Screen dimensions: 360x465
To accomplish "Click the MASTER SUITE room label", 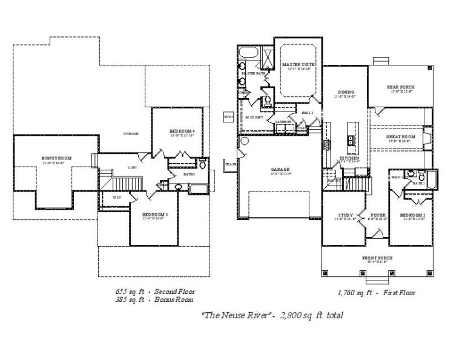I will pos(297,64).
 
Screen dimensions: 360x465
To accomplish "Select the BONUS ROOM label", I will pos(56,158).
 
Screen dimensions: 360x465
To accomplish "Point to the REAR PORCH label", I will pos(400,87).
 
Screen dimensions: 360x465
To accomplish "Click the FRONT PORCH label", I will pos(377,258).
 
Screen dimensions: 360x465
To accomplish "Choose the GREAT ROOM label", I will pos(400,137).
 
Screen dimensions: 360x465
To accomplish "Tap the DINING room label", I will pos(345,92).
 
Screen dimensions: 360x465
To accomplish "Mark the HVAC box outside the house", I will pos(228,116).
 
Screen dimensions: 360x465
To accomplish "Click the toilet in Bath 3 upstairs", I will pos(203,165).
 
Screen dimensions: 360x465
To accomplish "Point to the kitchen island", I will pos(349,136).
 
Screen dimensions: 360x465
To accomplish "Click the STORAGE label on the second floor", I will pos(131,133).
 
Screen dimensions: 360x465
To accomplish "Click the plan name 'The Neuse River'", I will pos(233,315).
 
